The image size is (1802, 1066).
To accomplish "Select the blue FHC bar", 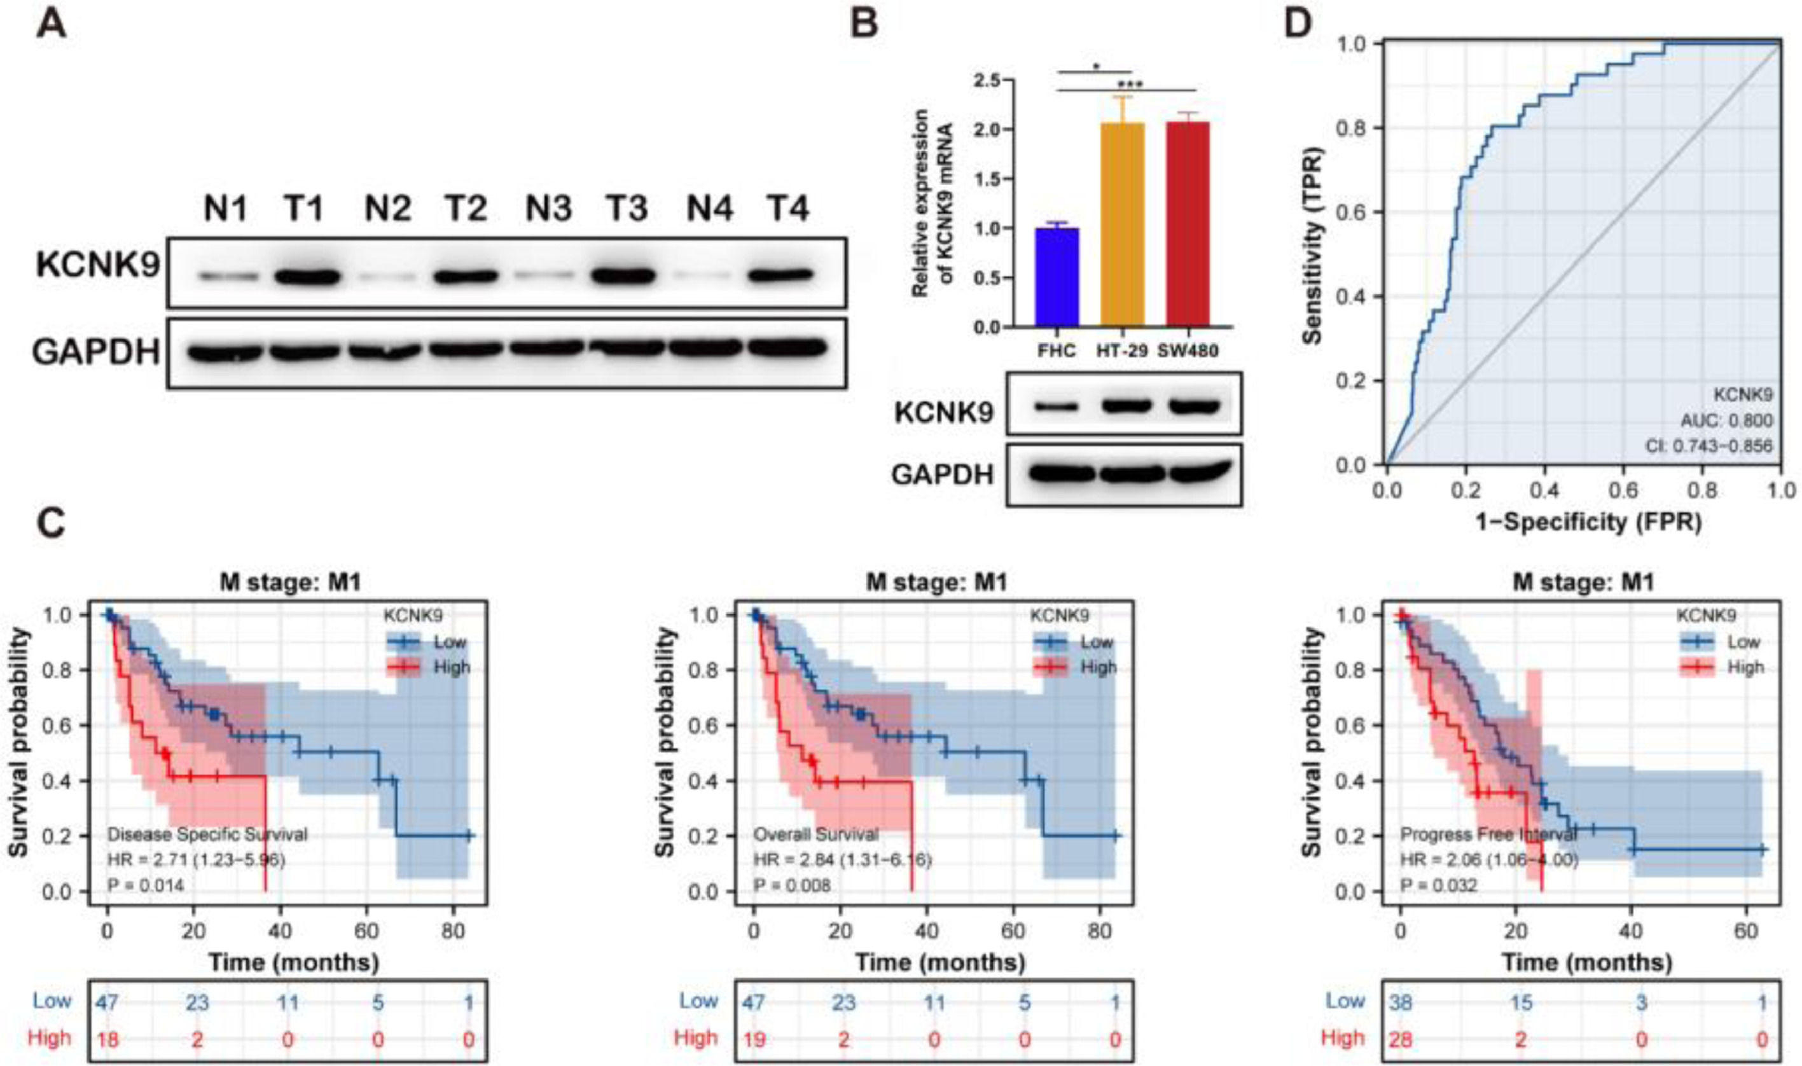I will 1057,277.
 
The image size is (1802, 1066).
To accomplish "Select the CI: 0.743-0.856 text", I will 1708,446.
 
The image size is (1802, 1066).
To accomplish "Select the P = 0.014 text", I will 146,885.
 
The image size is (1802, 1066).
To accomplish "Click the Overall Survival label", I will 815,834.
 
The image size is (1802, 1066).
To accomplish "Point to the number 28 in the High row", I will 1401,1039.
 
